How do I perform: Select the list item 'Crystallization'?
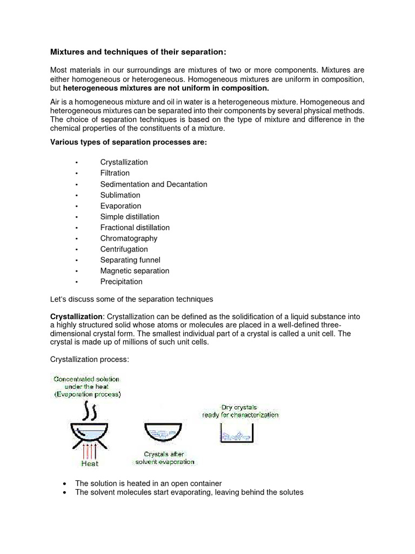tap(124, 162)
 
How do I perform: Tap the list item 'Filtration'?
tap(115, 173)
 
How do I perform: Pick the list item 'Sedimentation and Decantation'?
tap(153, 184)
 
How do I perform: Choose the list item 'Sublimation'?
tap(120, 195)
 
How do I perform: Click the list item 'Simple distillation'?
tap(130, 216)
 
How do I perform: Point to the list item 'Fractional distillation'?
tap(135, 227)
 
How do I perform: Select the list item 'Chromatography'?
tap(129, 238)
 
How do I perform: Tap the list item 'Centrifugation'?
tap(124, 249)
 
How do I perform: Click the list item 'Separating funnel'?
tap(130, 260)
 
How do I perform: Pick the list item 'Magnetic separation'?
tap(135, 271)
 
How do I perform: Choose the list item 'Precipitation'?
tap(121, 281)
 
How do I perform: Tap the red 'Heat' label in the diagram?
tap(90, 464)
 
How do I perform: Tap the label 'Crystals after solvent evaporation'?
tap(162, 459)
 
